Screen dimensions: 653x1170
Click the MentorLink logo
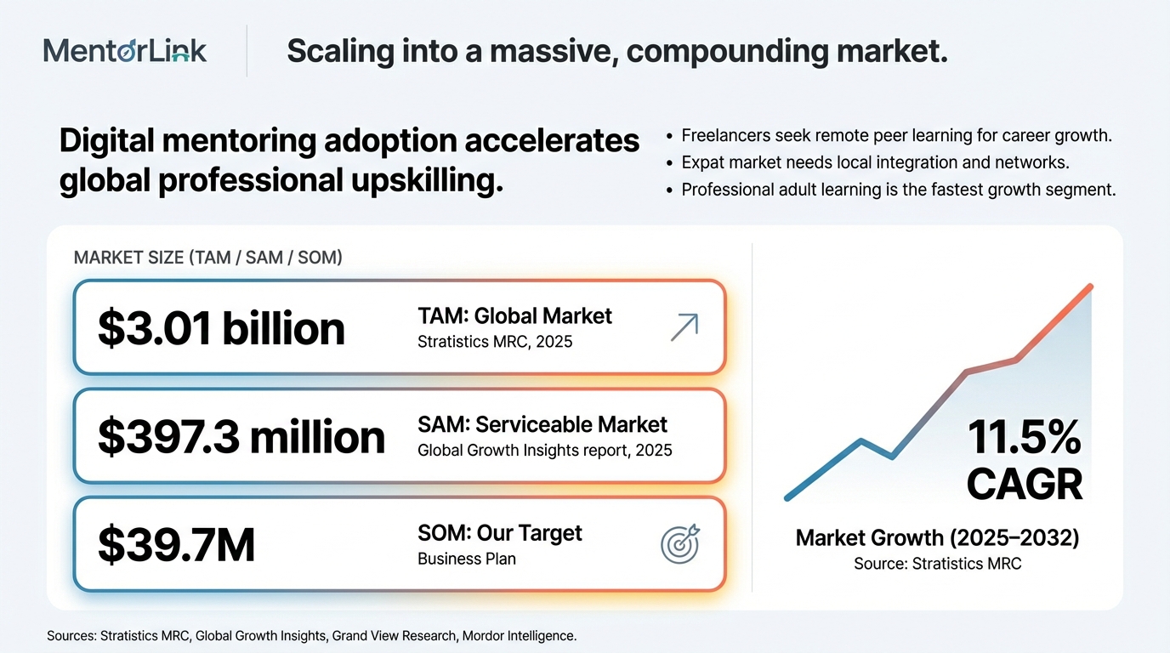coord(125,51)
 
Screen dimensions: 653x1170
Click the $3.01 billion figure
coord(221,328)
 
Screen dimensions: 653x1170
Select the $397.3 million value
coord(241,437)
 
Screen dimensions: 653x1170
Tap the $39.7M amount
coord(176,545)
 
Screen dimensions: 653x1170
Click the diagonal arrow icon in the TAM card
coord(684,327)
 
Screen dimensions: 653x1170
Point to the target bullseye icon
coord(680,543)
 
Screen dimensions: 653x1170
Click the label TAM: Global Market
coord(514,316)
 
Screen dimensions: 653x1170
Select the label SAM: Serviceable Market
coord(542,424)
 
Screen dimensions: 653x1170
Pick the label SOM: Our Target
coord(500,533)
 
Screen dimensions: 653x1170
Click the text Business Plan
coord(467,559)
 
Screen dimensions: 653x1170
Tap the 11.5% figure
coord(1024,439)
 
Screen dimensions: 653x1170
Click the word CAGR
coord(1024,485)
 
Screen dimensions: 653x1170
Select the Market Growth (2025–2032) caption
coord(937,537)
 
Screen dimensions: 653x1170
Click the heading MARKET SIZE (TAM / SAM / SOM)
coord(208,258)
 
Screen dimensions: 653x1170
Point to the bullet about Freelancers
coord(897,135)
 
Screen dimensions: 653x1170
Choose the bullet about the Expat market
coord(875,162)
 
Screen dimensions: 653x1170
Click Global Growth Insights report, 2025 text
coord(545,450)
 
